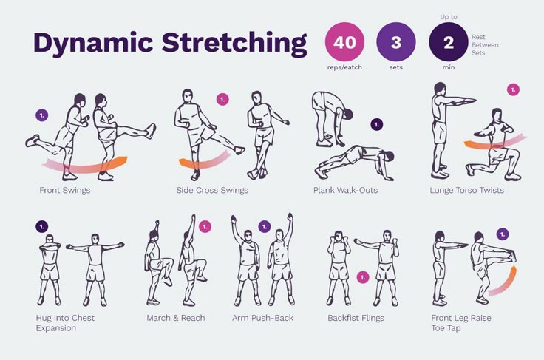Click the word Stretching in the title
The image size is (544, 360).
234,44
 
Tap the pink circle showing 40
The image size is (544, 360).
344,42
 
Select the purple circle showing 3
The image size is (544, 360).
396,42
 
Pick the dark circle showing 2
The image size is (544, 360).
448,42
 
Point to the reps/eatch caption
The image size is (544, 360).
344,68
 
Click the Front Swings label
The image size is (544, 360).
65,190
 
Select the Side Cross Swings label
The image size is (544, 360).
212,190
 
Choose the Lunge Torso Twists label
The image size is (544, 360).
466,190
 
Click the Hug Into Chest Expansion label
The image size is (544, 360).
65,322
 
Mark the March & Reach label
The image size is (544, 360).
175,318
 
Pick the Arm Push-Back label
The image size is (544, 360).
263,318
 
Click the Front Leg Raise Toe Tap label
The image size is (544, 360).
461,322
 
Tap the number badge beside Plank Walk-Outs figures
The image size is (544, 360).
376,124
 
